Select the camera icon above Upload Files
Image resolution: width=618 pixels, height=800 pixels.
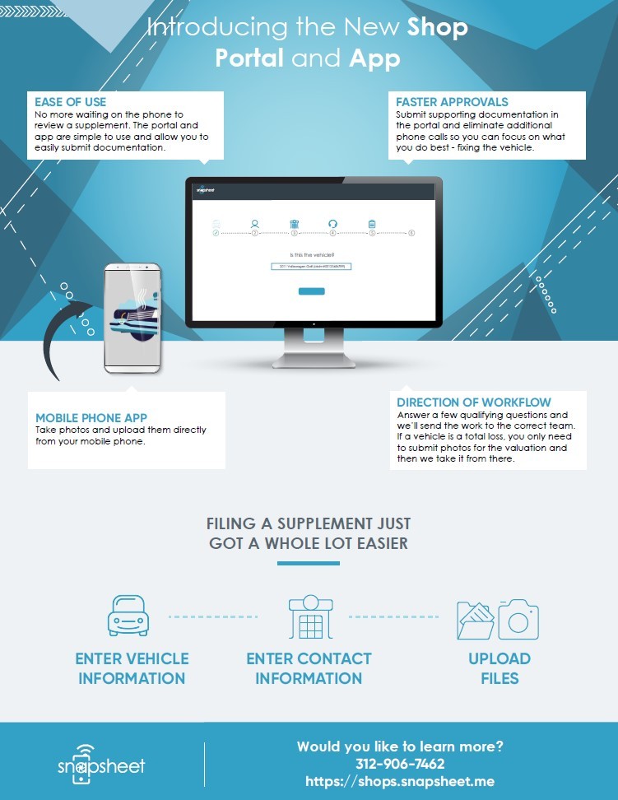tap(518, 620)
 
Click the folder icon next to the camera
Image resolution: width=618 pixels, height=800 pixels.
tap(476, 621)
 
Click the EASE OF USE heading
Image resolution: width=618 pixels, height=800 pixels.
tap(71, 102)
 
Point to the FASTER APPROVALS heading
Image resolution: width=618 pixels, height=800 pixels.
tap(452, 102)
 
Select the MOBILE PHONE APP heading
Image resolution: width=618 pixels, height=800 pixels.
tap(91, 418)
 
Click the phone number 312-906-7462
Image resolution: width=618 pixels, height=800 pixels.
tap(400, 764)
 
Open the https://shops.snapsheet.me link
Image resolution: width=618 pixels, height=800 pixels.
tap(400, 781)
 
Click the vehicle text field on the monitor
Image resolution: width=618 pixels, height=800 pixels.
tap(311, 267)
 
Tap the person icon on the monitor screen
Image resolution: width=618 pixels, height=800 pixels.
tap(255, 223)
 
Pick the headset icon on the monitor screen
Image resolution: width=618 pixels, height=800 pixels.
tap(333, 223)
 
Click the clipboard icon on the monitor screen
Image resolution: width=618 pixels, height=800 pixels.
tap(372, 223)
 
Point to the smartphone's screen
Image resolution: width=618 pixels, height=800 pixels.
tap(132, 319)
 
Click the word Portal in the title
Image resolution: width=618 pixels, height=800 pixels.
tap(250, 58)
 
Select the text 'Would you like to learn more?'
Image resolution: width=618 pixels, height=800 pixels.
tap(400, 747)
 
